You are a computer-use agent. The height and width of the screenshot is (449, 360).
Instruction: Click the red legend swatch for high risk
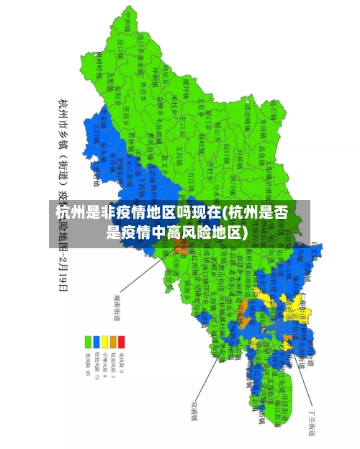pos(122,341)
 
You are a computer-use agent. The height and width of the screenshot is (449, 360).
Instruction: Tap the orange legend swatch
pos(113,341)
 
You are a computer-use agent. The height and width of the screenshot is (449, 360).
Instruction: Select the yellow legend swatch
pos(105,341)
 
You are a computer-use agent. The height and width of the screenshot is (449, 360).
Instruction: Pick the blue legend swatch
pos(96,341)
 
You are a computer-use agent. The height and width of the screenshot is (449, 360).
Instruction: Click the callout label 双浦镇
pos(194,409)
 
